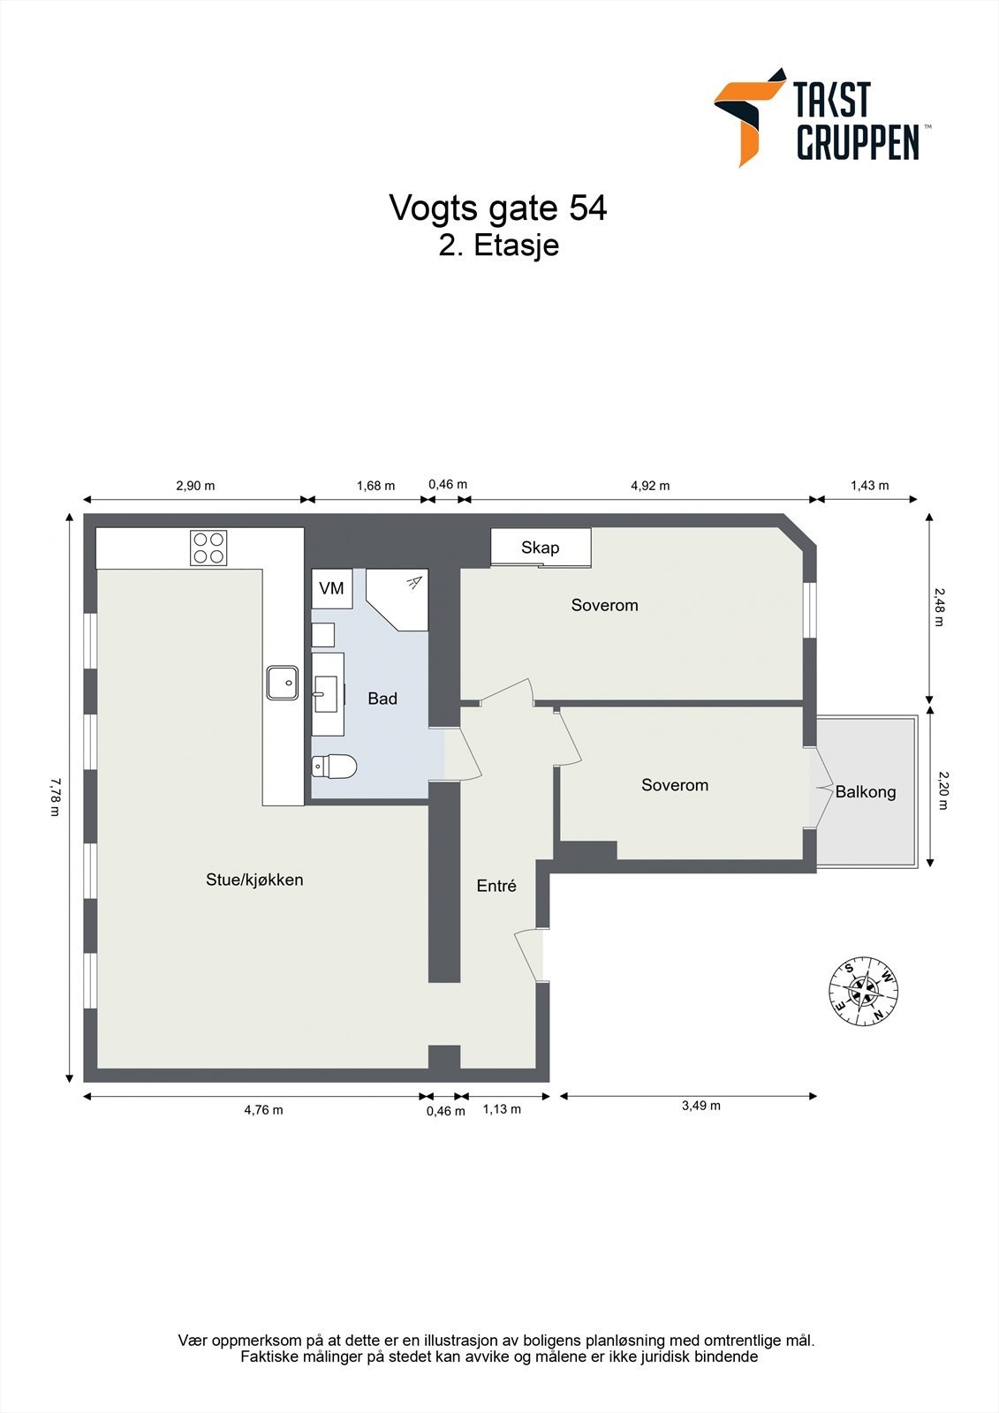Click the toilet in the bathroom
335,766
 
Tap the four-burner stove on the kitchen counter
208,548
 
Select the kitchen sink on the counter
283,683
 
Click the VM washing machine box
332,588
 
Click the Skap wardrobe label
540,548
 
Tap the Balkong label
866,792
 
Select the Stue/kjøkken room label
254,880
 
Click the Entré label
496,886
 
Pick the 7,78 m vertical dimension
57,797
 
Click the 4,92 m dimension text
650,486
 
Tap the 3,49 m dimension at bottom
700,1106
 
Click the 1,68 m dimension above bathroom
375,486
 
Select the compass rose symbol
863,991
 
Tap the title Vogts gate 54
498,208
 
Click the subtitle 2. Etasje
498,246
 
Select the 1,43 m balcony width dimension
869,486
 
